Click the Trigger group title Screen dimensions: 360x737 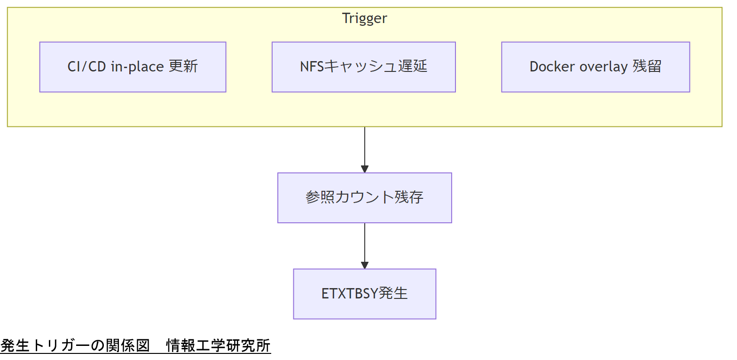364,18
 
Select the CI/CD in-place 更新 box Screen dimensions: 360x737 133,67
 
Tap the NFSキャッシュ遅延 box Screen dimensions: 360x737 363,67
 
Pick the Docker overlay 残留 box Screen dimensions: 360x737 595,67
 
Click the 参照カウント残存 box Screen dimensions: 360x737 364,197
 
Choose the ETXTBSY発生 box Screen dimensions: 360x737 364,294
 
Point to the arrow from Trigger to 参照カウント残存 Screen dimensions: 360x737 364,148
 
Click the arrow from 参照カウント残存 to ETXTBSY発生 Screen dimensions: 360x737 364,244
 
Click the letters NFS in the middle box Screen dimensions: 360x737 312,67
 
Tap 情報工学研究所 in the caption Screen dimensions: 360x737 219,346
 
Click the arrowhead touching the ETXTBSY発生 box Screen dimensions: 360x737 364,265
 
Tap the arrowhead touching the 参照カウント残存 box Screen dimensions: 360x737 364,169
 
